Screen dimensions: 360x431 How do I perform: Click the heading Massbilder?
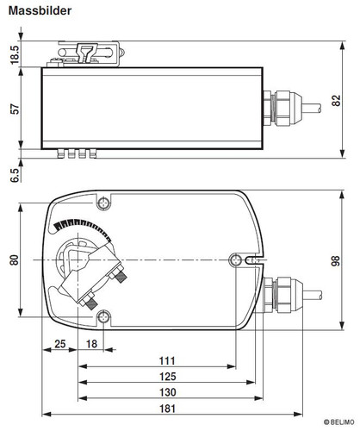[40, 10]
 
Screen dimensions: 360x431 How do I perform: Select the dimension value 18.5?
[15, 54]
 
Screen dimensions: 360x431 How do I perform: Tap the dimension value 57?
[15, 109]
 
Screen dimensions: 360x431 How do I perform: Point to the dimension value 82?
[336, 100]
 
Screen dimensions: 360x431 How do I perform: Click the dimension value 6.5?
[15, 175]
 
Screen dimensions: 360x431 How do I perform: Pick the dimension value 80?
[15, 259]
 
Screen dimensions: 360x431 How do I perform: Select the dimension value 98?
[335, 260]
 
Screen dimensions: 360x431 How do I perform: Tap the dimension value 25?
[60, 344]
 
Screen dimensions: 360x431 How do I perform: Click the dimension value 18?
[91, 344]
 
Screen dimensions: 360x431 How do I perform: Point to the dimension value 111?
[167, 360]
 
